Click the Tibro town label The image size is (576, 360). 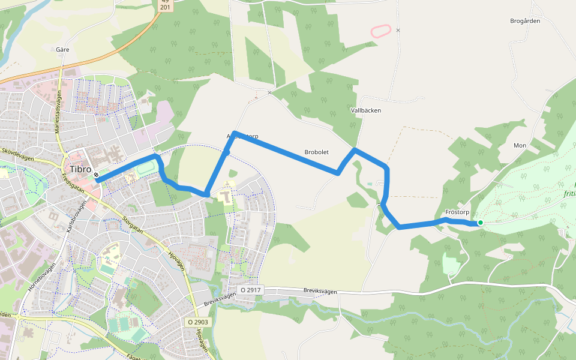pyautogui.click(x=80, y=169)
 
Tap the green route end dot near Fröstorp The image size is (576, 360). pyautogui.click(x=480, y=223)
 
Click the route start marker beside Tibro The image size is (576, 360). pyautogui.click(x=96, y=175)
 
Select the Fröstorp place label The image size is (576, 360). pyautogui.click(x=457, y=212)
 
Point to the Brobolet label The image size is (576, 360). pyautogui.click(x=316, y=152)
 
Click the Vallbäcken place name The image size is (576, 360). pyautogui.click(x=365, y=110)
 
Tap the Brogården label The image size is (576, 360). pyautogui.click(x=525, y=20)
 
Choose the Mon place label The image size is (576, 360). pyautogui.click(x=520, y=146)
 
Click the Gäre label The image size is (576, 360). pyautogui.click(x=63, y=50)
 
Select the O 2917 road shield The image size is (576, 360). pyautogui.click(x=251, y=290)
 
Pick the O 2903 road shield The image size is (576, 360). pyautogui.click(x=197, y=322)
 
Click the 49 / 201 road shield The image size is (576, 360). pyautogui.click(x=166, y=5)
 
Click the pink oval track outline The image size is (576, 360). pyautogui.click(x=382, y=31)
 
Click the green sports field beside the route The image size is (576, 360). pyautogui.click(x=145, y=169)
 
